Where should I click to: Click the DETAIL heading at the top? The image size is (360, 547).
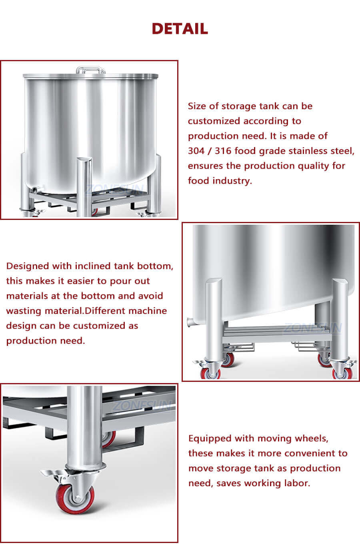180,29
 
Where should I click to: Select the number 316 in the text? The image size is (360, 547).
223,151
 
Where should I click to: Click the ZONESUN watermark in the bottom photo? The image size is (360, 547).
142,406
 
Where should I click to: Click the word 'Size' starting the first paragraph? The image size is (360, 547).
197,106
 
